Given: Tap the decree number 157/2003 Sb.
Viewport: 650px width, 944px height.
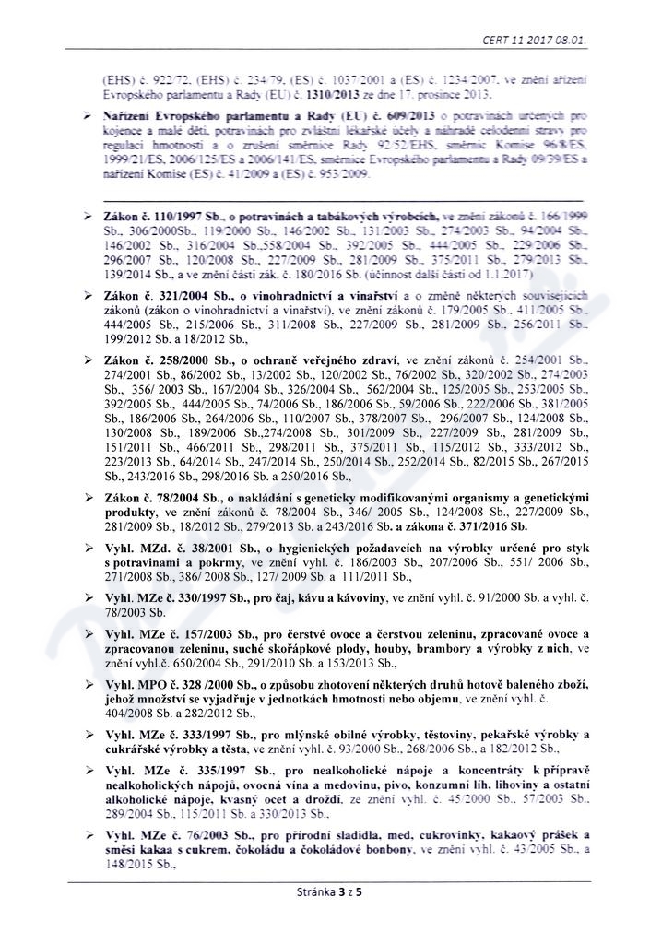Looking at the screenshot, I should (203, 636).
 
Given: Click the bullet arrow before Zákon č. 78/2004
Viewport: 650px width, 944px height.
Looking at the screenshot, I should (86, 497).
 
